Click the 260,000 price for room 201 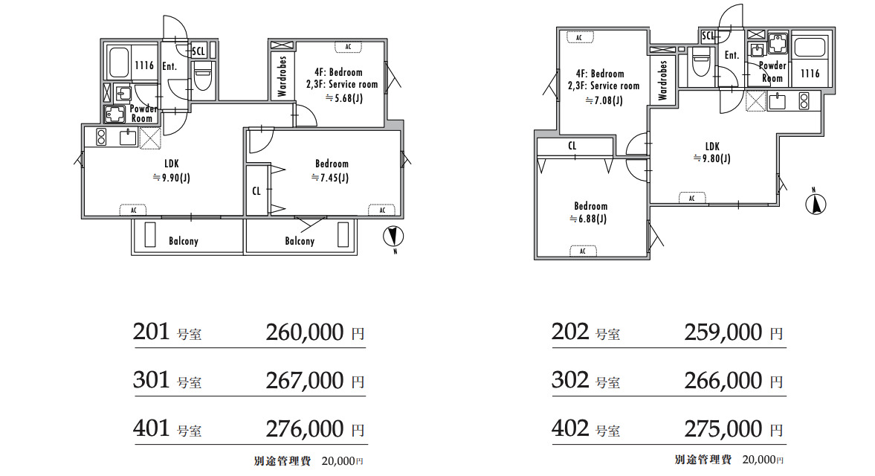(305, 332)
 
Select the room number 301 (151, 380)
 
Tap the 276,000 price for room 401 (305, 429)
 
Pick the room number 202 (569, 332)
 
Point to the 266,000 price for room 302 (723, 381)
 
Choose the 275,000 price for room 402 (723, 429)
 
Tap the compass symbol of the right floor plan (816, 204)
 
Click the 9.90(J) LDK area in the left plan (171, 178)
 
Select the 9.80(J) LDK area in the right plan (711, 158)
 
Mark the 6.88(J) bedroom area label (588, 219)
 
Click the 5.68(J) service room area (344, 99)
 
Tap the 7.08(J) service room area (604, 101)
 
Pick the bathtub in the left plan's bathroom (119, 62)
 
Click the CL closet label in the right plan (572, 147)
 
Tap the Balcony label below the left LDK (184, 241)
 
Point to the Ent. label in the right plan (732, 55)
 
